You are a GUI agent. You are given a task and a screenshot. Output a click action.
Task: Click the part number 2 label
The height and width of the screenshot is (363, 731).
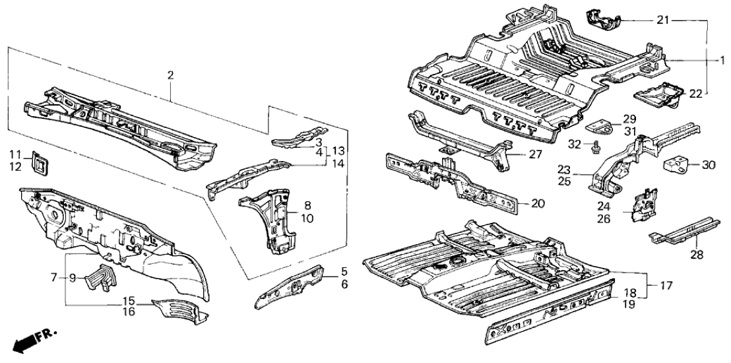(170, 76)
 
